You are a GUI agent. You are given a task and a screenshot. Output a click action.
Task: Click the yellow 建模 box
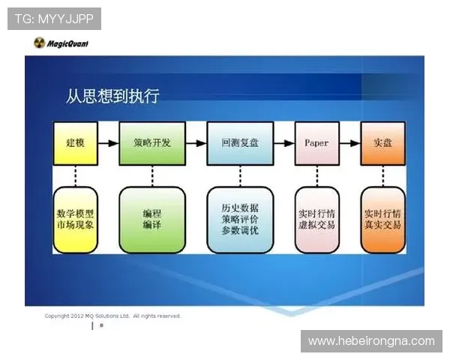tap(75, 142)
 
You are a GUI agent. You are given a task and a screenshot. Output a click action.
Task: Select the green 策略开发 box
tap(151, 142)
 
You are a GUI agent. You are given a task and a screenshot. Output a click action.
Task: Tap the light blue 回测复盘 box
tap(239, 142)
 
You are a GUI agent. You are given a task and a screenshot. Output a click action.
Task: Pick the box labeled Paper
tap(316, 142)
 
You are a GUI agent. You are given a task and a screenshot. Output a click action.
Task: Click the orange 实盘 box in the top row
tap(383, 142)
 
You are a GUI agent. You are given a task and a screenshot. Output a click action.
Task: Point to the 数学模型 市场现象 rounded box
tap(75, 219)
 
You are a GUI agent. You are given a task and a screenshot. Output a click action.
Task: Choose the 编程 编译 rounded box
tap(152, 219)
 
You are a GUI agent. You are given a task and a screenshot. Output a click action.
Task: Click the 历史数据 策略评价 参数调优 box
tap(239, 219)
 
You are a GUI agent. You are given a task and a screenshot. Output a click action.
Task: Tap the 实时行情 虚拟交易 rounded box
tap(316, 219)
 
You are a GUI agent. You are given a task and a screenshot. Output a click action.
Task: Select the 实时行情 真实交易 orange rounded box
tap(383, 219)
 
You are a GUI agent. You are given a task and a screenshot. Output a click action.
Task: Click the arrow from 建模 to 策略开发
tap(109, 142)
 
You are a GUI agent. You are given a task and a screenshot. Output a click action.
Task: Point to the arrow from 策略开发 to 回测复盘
tap(196, 142)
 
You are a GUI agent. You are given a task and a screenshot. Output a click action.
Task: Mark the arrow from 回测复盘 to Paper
tap(283, 142)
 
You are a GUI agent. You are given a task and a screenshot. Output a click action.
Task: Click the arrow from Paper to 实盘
tap(349, 142)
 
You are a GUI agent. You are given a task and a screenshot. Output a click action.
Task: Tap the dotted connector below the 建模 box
tap(75, 175)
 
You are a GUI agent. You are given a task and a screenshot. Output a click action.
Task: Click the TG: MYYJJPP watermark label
tap(53, 18)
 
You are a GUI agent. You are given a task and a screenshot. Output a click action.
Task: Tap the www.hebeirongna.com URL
tap(371, 341)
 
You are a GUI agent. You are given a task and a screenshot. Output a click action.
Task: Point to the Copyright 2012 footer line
tap(112, 316)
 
